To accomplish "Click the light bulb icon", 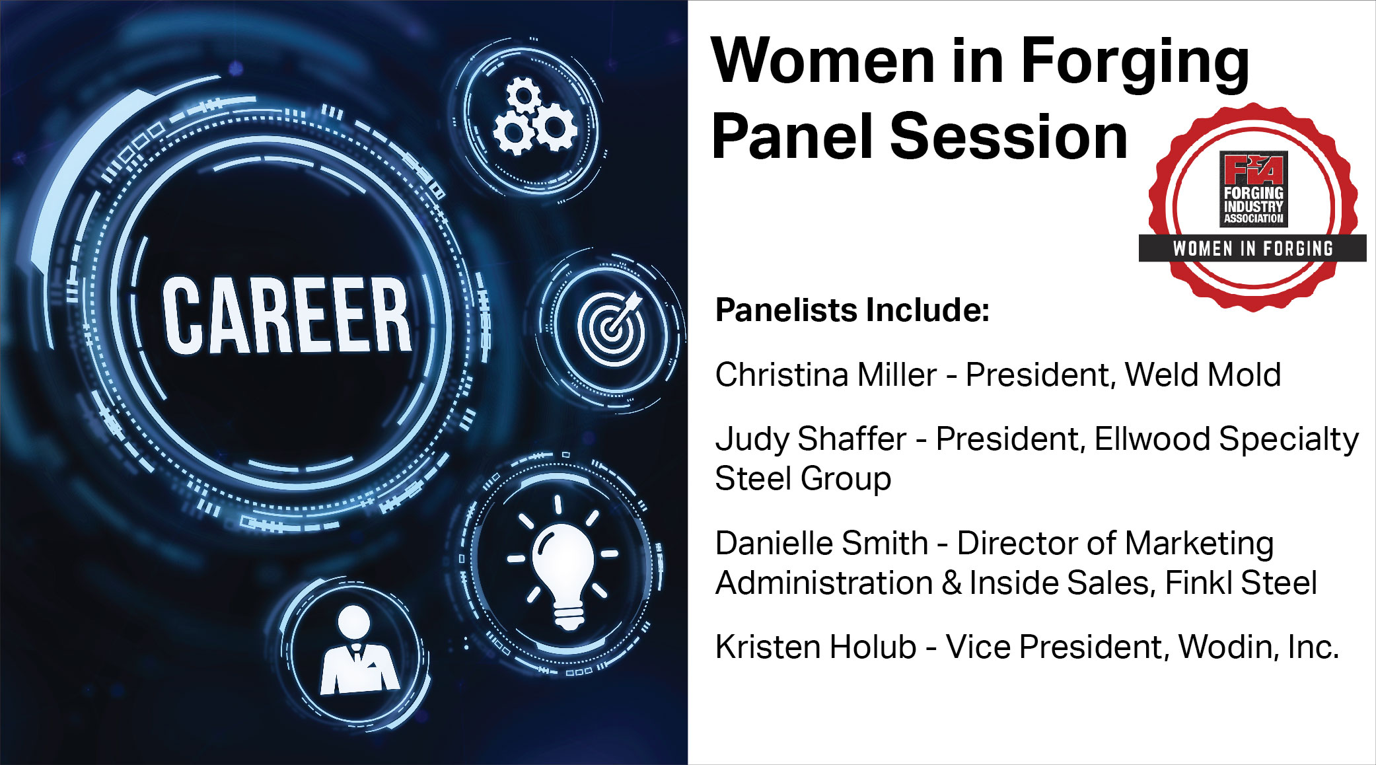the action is click(562, 562).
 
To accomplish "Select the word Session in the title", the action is click(1009, 137).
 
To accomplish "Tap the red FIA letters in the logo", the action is click(1253, 168).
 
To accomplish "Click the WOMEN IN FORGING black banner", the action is click(1252, 248).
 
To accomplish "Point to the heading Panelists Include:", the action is click(852, 310).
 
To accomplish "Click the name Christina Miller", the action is click(826, 375).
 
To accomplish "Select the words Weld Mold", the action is click(1203, 375).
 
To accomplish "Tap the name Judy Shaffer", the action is click(811, 439).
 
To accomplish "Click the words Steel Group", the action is click(803, 479).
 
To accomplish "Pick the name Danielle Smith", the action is click(822, 543).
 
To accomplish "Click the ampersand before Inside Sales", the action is click(951, 583).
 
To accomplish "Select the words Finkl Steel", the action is click(1241, 583).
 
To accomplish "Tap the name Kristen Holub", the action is click(816, 647).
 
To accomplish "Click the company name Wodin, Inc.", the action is click(1258, 647).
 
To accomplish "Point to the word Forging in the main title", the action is click(1136, 64).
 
